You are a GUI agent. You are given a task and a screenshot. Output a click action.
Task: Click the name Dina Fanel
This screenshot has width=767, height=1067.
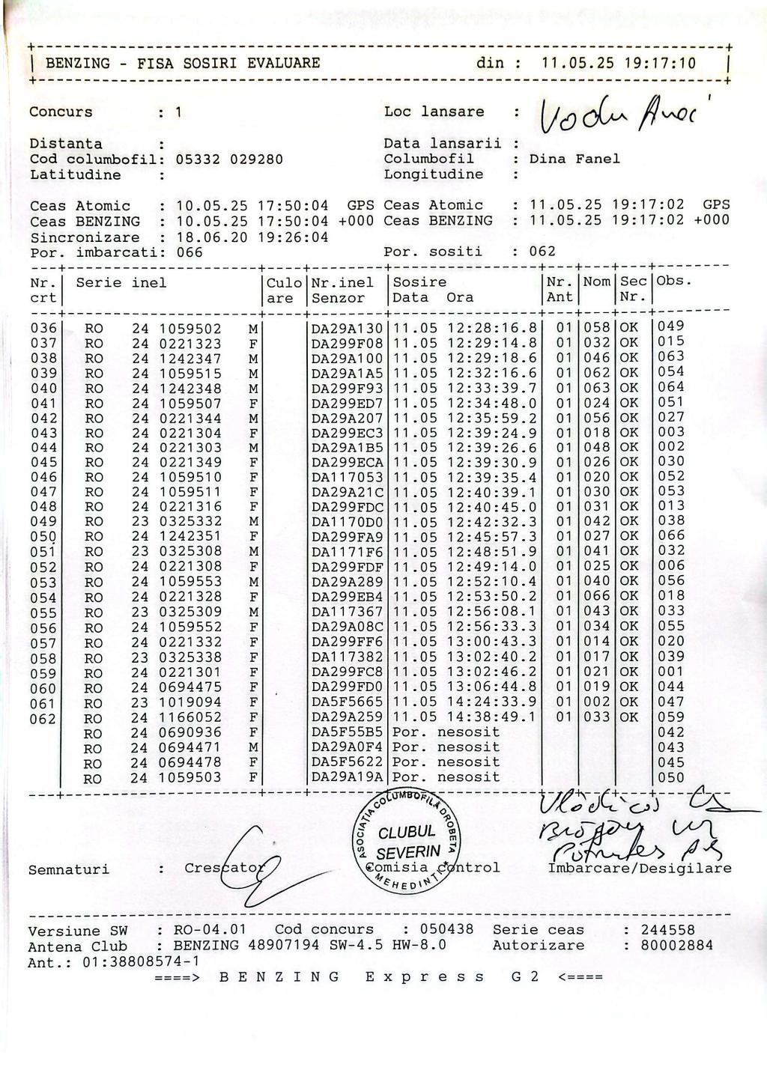[575, 159]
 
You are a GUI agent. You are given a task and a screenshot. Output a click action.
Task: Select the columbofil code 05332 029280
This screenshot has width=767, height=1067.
[229, 159]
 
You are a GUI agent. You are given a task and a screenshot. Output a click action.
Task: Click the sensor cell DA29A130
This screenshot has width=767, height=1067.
[347, 328]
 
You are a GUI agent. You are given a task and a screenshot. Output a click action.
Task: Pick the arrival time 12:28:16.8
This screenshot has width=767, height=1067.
[492, 328]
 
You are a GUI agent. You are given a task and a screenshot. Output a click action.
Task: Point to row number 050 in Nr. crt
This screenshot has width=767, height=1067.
[43, 537]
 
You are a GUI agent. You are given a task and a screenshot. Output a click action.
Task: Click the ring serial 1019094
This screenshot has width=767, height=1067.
[190, 702]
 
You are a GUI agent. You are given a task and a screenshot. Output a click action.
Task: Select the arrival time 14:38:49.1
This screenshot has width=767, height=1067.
[492, 717]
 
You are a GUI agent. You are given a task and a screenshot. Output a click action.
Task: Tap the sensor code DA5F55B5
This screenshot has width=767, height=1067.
[347, 732]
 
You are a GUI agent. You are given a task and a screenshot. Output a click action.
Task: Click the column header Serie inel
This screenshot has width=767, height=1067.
[121, 283]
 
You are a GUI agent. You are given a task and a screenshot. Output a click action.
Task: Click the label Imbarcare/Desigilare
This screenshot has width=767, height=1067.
[640, 869]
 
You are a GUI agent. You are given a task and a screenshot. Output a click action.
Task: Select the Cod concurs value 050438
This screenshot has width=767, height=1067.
[446, 929]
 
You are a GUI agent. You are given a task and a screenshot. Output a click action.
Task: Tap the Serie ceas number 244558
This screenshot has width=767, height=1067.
[667, 930]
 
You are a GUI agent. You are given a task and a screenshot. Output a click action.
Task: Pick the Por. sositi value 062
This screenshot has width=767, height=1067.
[542, 252]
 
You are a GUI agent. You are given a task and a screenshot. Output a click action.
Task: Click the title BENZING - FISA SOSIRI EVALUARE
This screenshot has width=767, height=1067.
[183, 63]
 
